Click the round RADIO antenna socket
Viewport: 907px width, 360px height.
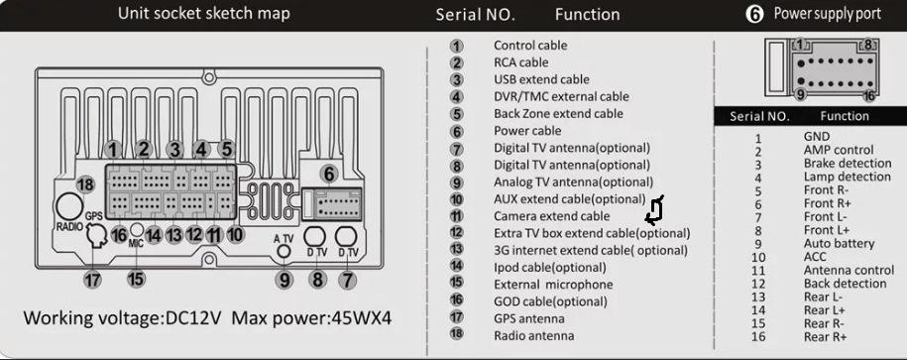click(x=68, y=206)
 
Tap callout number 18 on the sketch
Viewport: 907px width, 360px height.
click(x=85, y=184)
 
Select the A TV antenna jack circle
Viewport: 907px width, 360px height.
click(x=283, y=251)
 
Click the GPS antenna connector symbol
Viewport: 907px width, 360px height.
click(x=95, y=236)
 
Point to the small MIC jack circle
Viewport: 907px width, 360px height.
click(x=136, y=229)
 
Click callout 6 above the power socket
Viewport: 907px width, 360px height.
click(x=328, y=174)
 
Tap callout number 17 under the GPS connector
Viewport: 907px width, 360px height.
click(x=92, y=280)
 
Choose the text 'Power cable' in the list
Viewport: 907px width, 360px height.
click(x=527, y=131)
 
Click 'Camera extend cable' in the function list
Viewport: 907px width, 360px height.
click(x=551, y=216)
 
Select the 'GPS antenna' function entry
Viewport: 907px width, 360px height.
click(x=528, y=318)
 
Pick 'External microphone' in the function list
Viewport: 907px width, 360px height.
click(x=552, y=285)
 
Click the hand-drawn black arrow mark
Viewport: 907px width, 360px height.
click(x=654, y=210)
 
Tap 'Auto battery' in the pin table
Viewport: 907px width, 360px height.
click(x=839, y=244)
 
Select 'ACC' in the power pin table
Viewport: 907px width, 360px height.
click(x=815, y=257)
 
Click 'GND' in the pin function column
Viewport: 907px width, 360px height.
click(x=816, y=137)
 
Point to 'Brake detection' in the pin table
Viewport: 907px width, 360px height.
click(x=847, y=164)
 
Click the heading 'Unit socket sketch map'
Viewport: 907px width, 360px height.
click(x=203, y=13)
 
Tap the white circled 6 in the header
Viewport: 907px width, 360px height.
click(x=754, y=15)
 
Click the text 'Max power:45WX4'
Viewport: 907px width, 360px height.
click(x=311, y=317)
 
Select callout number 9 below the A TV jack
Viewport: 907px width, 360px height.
click(x=283, y=280)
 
